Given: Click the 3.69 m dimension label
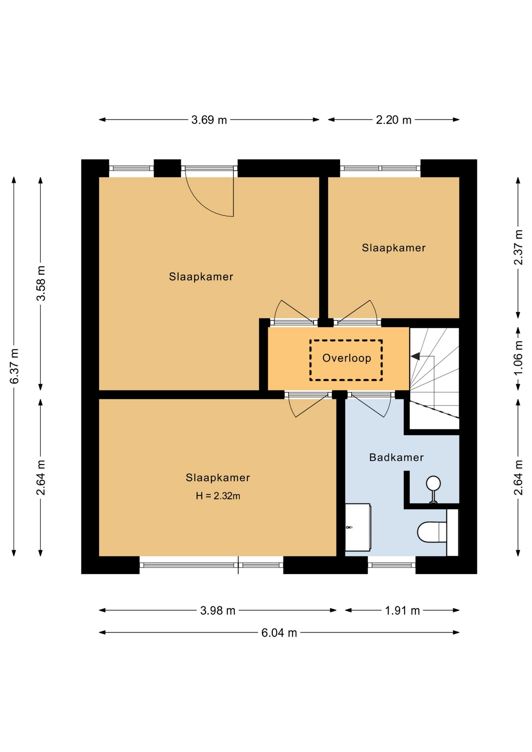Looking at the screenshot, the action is click(209, 120).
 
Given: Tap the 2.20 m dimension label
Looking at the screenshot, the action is click(394, 120).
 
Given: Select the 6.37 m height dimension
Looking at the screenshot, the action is click(14, 366).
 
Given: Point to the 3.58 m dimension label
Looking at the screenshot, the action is click(41, 283).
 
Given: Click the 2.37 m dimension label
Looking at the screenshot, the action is click(518, 247).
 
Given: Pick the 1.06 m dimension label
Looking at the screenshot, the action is click(518, 358).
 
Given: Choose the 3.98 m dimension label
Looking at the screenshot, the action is click(218, 611).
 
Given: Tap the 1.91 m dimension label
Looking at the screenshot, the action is click(402, 611).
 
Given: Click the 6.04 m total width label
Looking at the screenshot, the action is click(279, 633).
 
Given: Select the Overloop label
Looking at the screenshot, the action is click(347, 358).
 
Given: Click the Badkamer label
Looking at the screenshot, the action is click(396, 457).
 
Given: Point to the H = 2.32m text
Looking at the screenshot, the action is click(218, 496).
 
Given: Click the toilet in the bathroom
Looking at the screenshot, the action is click(432, 532).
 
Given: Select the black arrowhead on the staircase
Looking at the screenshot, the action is click(415, 356).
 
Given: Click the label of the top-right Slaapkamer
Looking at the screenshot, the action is click(394, 248).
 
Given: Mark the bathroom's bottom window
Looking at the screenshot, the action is click(391, 565).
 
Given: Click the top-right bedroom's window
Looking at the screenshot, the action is click(380, 168).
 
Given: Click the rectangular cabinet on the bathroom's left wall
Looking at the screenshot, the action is click(358, 527).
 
